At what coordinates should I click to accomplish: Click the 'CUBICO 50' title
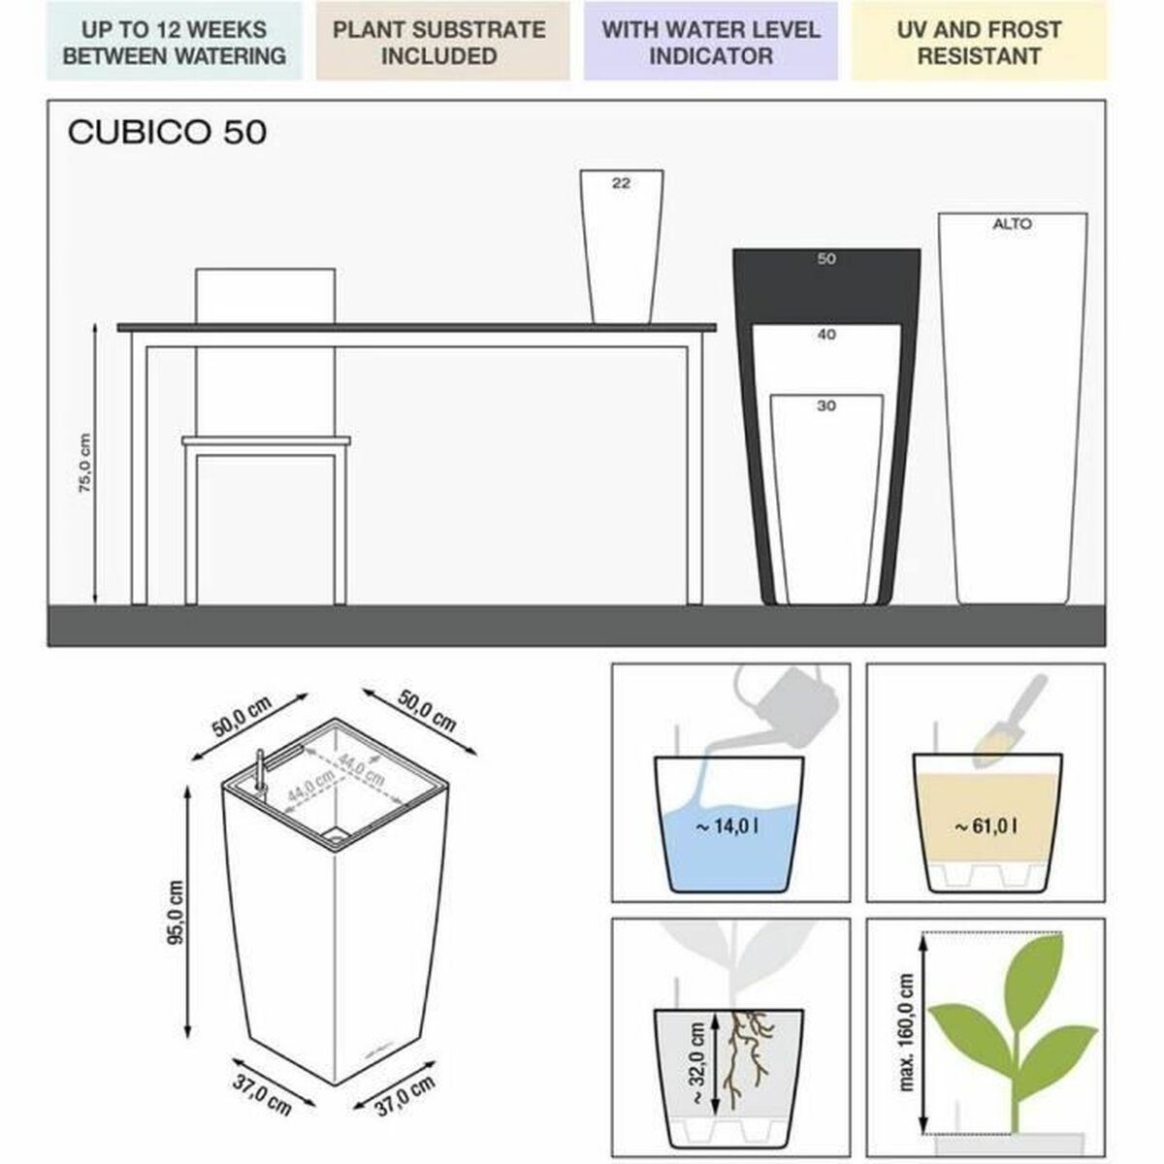(x=167, y=132)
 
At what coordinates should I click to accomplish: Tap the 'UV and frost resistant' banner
(x=978, y=43)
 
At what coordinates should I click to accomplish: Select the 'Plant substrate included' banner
(x=438, y=43)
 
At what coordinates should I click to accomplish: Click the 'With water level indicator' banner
(x=710, y=43)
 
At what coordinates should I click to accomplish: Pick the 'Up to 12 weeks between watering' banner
(x=174, y=43)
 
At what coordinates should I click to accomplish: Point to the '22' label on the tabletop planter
(x=621, y=182)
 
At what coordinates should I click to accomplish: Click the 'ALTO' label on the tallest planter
(x=1012, y=224)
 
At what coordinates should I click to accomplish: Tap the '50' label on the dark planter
(x=825, y=259)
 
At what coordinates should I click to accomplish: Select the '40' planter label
(x=825, y=335)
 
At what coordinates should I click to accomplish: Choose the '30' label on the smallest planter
(x=825, y=405)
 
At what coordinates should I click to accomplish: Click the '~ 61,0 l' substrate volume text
(x=985, y=826)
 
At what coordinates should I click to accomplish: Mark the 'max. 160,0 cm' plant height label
(x=906, y=1033)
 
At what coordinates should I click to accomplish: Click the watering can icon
(x=776, y=700)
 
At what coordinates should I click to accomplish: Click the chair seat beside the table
(x=266, y=442)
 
